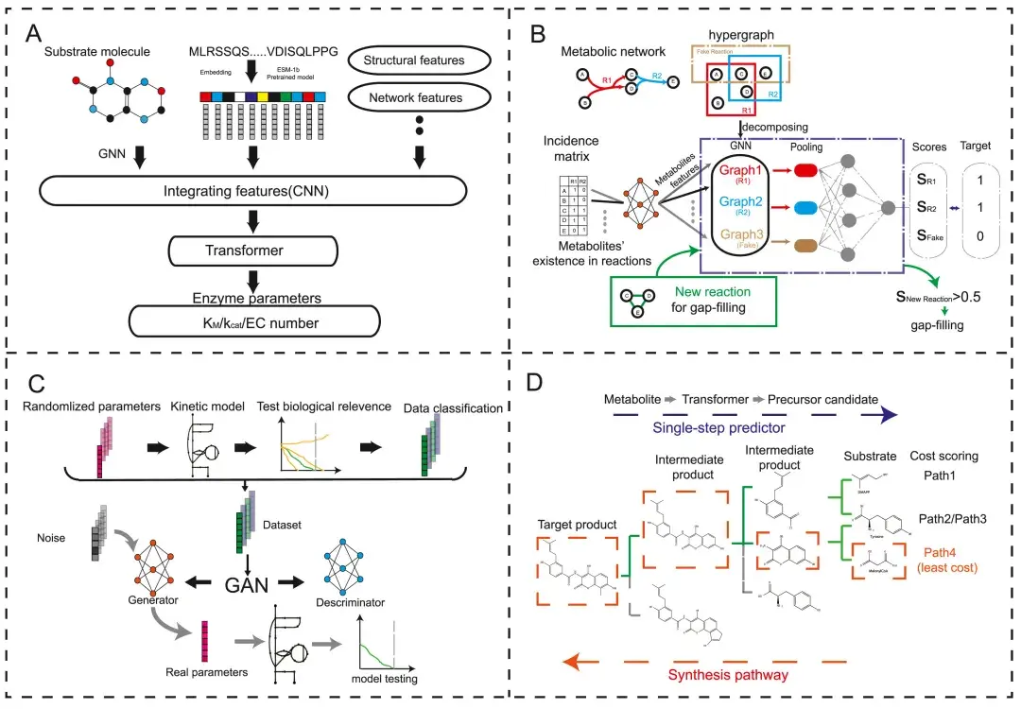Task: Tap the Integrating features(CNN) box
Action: [253, 194]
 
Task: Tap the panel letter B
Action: [537, 36]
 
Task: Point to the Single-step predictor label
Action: [753, 425]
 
